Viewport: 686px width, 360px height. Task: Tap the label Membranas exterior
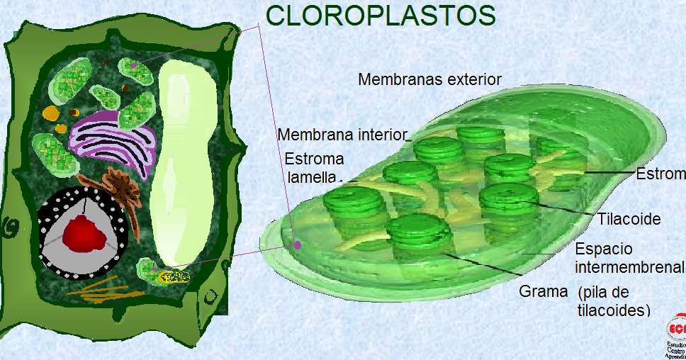pos(429,79)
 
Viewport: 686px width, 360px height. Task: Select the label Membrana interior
pos(343,135)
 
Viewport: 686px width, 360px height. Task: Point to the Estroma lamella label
pos(313,167)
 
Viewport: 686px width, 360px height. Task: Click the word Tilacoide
pos(629,219)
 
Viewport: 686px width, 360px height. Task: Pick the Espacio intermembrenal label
pos(629,258)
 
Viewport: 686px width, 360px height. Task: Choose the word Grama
pos(544,291)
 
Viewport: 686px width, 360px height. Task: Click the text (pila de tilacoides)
pos(614,301)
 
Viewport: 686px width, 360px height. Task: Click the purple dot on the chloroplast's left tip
pos(298,245)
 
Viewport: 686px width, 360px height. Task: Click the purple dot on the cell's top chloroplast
pos(133,66)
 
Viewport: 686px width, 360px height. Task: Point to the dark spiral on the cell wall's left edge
pos(10,228)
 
